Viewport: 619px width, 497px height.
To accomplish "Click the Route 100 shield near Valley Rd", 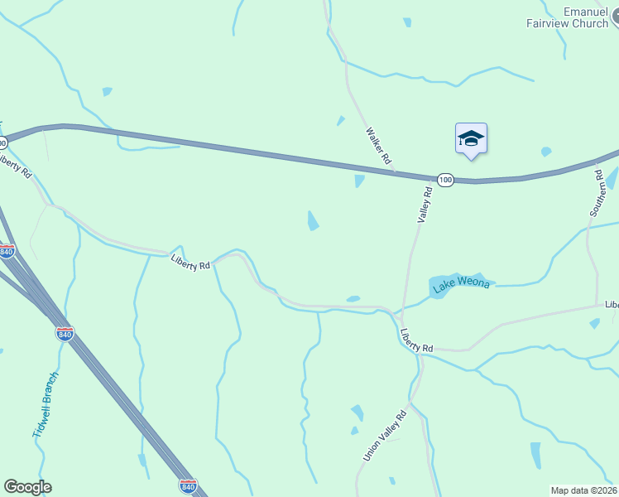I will [445, 179].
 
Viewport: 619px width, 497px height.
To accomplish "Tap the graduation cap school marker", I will [471, 138].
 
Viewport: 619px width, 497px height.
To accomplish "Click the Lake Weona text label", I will [460, 286].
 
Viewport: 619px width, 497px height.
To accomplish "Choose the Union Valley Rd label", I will [386, 435].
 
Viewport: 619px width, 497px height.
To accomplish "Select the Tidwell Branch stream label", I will [46, 405].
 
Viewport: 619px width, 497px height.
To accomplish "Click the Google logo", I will [27, 487].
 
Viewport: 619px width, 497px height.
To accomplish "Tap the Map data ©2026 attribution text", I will [584, 490].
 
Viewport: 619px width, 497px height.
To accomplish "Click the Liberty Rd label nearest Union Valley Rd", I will [416, 340].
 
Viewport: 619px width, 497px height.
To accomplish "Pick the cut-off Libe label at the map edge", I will [611, 305].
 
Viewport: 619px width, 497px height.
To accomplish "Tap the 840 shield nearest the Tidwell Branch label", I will [65, 333].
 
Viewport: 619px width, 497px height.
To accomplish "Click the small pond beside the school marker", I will [545, 152].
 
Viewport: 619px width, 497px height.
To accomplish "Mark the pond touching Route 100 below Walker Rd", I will [359, 181].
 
